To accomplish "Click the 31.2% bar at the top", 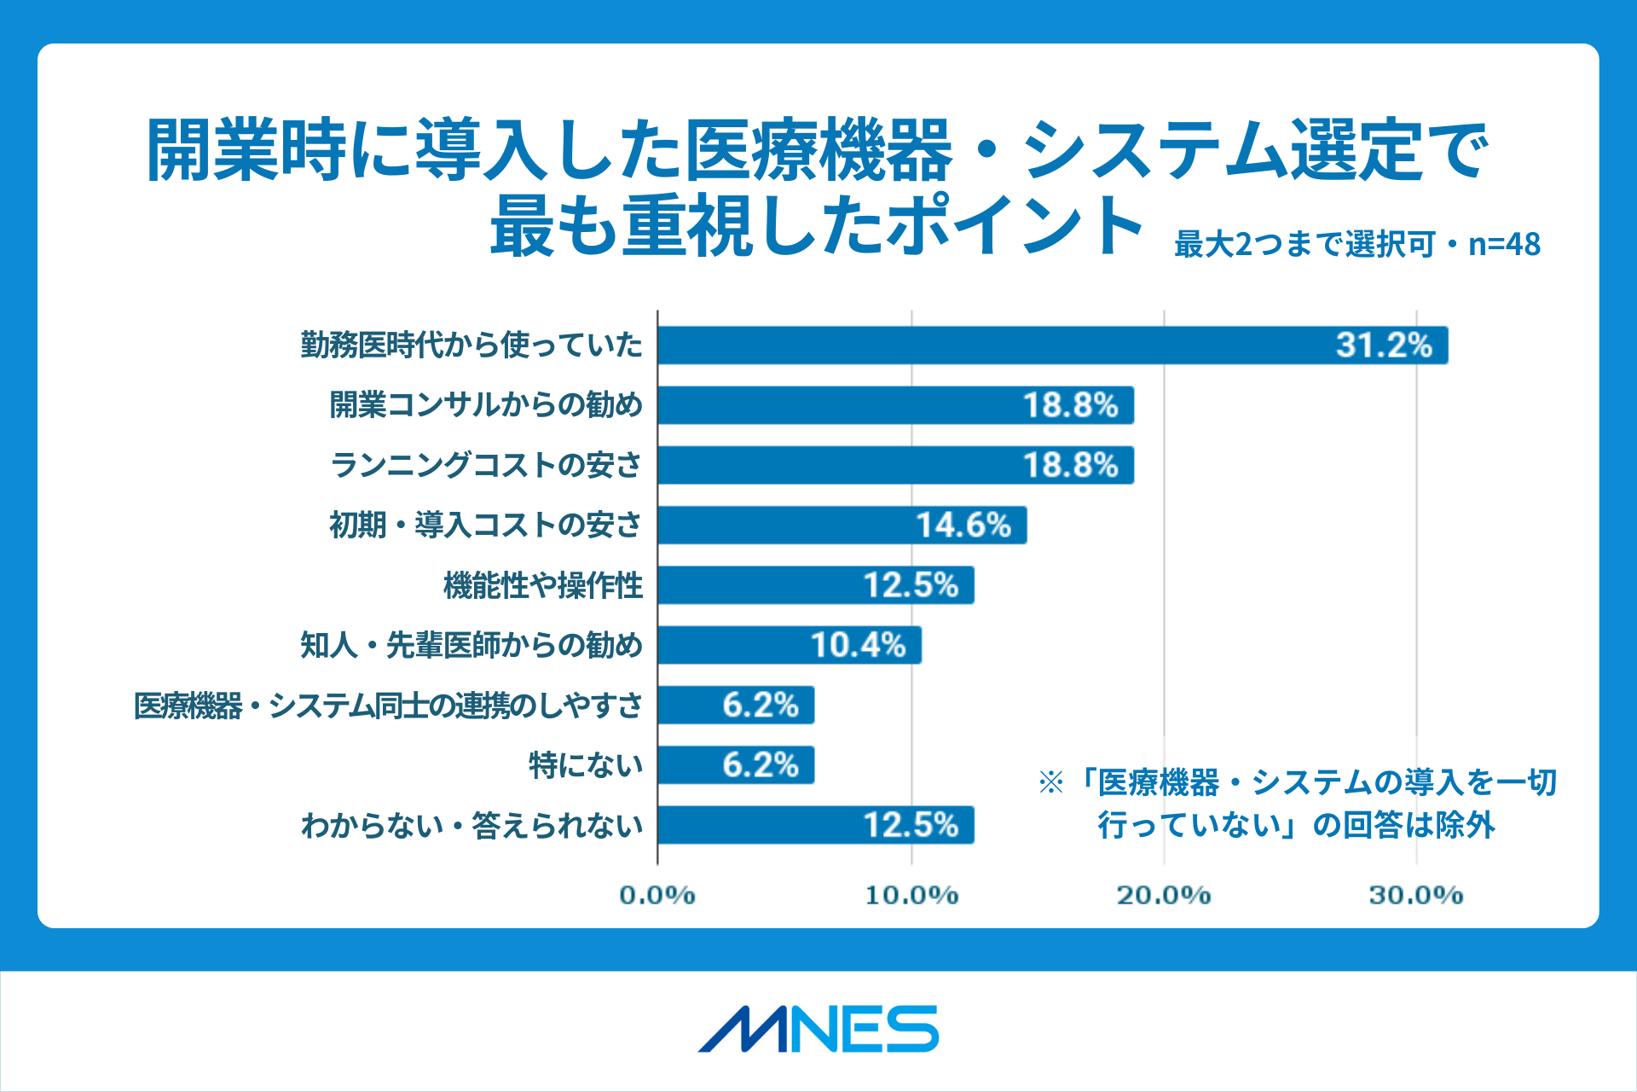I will click(1052, 345).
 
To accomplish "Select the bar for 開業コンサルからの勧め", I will click(895, 405).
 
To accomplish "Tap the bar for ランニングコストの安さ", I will click(895, 465).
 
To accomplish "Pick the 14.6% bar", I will click(842, 525).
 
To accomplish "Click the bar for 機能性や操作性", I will click(815, 585).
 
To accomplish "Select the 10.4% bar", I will click(789, 645).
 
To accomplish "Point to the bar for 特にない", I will click(735, 764).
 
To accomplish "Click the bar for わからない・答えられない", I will click(815, 825).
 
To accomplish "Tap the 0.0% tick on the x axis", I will click(657, 895).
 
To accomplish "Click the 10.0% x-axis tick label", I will click(911, 895).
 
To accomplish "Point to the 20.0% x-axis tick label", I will click(1164, 895).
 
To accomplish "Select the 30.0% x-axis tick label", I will click(1416, 895).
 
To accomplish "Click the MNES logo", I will click(818, 1029).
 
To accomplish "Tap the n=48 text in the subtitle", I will click(1504, 245).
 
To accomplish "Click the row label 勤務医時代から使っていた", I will click(471, 345).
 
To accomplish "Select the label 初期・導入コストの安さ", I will click(485, 525).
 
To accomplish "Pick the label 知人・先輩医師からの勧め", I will click(471, 645).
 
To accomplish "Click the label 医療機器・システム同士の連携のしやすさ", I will click(388, 706).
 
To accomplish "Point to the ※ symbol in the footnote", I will click(1050, 782).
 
